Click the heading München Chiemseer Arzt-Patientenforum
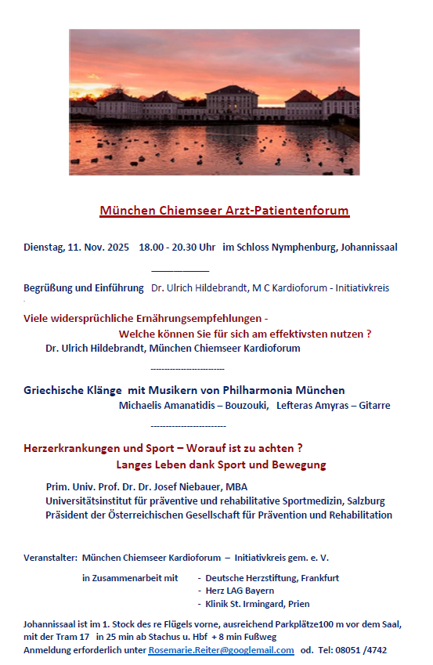point(224,211)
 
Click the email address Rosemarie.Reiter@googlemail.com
point(221,650)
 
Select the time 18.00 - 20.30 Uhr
point(177,248)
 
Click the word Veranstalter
point(49,558)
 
